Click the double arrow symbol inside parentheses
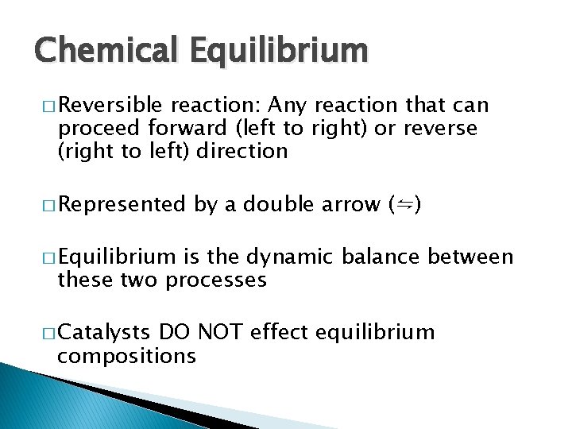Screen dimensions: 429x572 pyautogui.click(x=404, y=205)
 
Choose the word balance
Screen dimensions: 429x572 pyautogui.click(x=385, y=257)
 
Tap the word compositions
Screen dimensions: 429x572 pyautogui.click(x=126, y=356)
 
